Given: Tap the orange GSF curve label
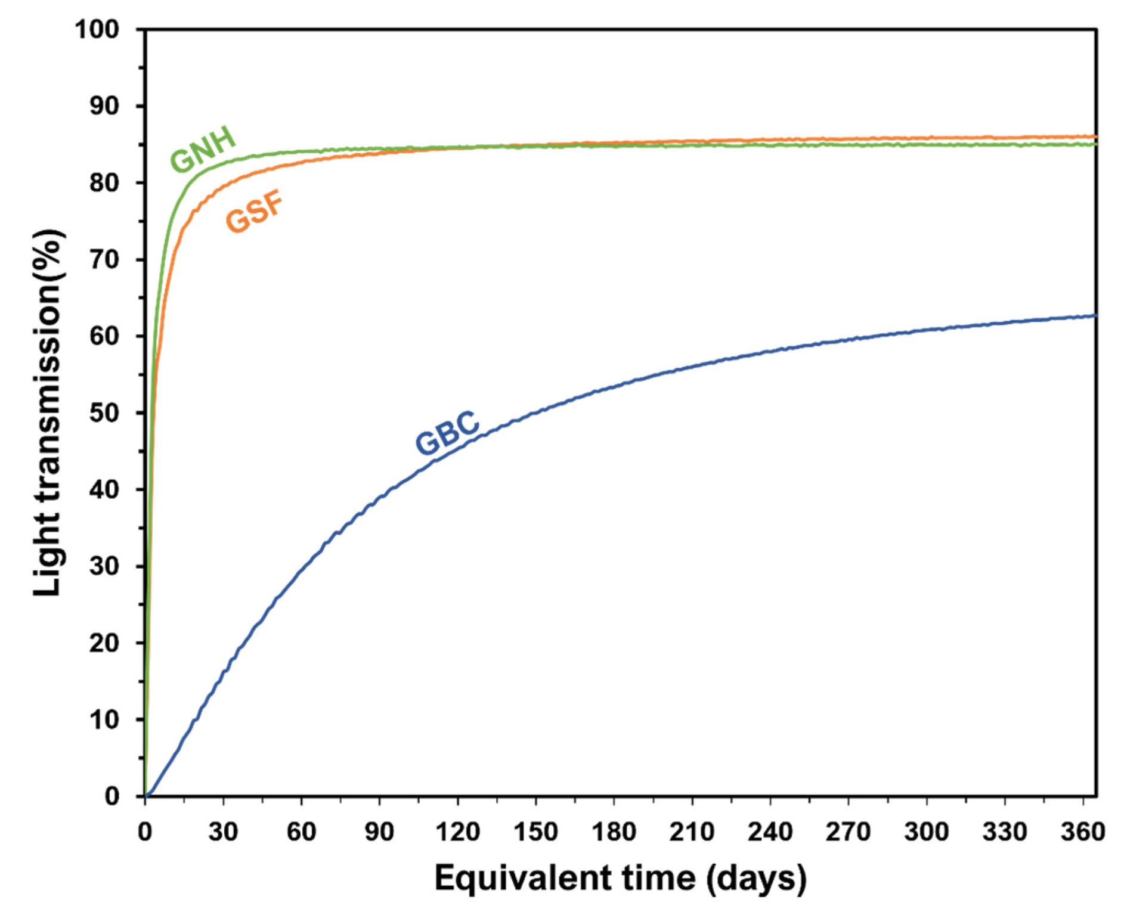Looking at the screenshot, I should [x=255, y=213].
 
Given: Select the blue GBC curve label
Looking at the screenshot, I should [x=447, y=433].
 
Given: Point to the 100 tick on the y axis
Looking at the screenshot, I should [x=97, y=29].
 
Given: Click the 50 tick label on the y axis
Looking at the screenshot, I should [x=104, y=413].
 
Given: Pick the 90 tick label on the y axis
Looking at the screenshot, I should [x=104, y=106].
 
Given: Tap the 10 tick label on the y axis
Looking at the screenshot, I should [x=104, y=720].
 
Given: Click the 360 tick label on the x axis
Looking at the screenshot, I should [x=1083, y=832].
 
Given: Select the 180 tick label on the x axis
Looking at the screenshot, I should [x=614, y=832].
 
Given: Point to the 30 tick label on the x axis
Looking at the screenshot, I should [x=223, y=832].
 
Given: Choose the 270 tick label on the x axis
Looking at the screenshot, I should [x=848, y=832].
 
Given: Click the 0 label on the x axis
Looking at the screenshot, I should [x=145, y=832].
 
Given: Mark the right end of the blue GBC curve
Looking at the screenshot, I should [x=1095, y=315].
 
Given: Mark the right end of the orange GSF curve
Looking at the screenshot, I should [x=1095, y=136].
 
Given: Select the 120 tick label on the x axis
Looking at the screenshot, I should [x=457, y=832].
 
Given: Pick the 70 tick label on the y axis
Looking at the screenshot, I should [x=104, y=260].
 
